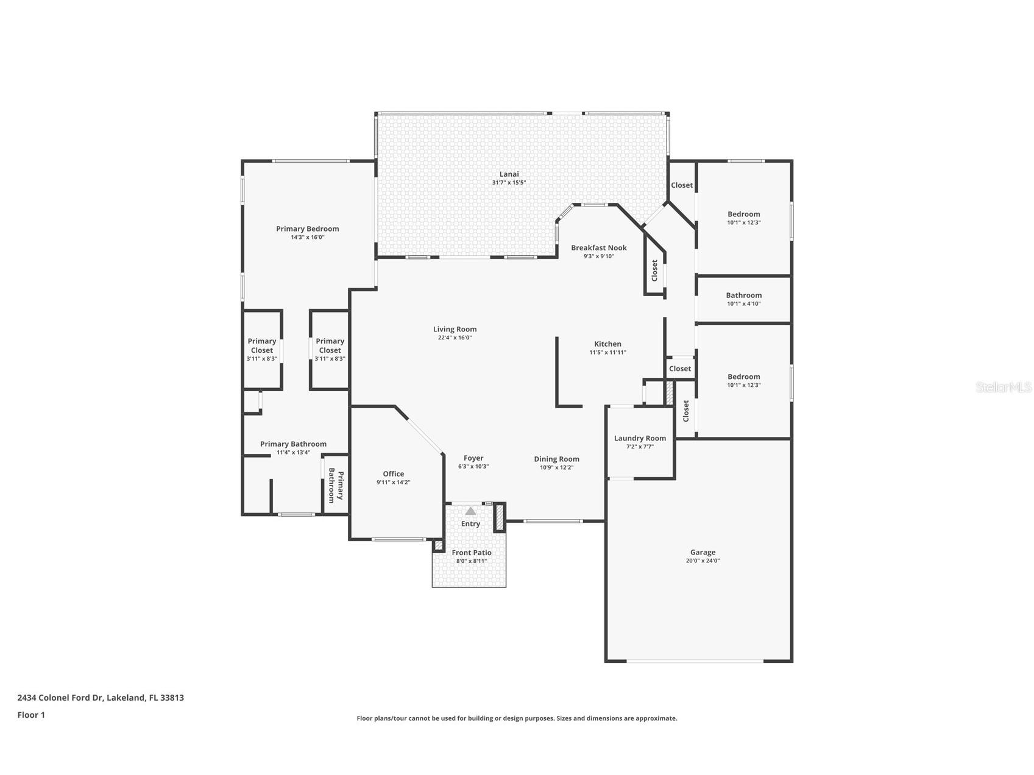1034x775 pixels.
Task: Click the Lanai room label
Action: (509, 174)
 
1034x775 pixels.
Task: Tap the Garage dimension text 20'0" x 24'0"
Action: (703, 561)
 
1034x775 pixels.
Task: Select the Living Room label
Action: (455, 329)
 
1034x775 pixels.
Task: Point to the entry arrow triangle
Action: (470, 511)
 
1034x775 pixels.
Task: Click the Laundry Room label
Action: (640, 438)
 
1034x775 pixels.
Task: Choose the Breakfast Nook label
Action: (598, 247)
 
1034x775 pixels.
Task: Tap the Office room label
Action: (393, 473)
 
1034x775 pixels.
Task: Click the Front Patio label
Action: (471, 553)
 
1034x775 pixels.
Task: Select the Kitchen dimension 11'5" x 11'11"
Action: (607, 353)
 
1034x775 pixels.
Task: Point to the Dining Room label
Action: (556, 459)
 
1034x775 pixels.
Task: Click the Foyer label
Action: (473, 458)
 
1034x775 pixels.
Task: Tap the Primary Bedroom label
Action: (307, 228)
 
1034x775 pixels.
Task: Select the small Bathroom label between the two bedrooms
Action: (743, 295)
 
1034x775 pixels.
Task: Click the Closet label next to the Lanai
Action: (681, 185)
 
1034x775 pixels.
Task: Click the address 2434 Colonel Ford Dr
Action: (101, 698)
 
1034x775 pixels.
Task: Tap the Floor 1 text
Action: (31, 715)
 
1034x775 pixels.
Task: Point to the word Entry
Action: (470, 524)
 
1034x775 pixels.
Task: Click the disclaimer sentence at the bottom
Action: (517, 718)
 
